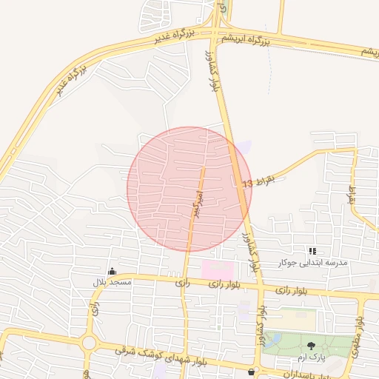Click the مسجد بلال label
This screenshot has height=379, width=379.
112,283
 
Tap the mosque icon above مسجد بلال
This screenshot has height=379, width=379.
112,272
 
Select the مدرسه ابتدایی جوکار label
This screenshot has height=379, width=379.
312,263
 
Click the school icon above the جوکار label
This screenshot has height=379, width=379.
312,252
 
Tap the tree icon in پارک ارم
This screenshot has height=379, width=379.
310,346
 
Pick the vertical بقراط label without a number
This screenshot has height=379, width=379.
352,195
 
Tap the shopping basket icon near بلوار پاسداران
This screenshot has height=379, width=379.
253,371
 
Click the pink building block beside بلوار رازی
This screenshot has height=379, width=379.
218,269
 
